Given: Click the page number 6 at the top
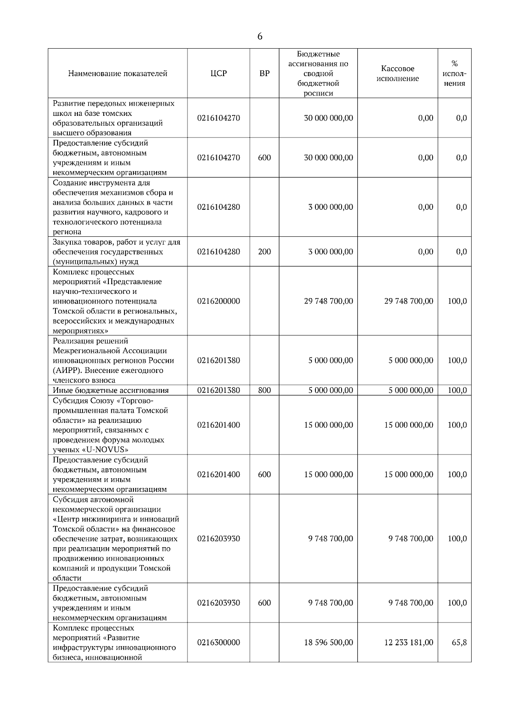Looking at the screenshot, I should [260, 37].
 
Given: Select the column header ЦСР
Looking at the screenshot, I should [218, 74].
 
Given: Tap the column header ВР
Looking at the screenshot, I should [264, 74].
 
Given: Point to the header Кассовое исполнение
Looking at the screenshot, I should [398, 74].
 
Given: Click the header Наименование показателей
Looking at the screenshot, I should [118, 74].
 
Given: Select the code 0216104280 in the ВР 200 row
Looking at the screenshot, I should [218, 252].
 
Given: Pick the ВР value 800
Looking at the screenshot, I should [264, 390].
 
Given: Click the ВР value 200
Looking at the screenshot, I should [264, 252].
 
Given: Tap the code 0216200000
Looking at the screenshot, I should [218, 301].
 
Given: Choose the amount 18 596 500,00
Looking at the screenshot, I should [328, 642].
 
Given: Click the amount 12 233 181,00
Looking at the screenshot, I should [409, 642].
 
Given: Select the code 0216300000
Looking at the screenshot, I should [218, 642].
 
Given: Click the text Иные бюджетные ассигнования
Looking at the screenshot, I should [111, 390].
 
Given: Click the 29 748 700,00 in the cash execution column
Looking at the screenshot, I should [409, 301].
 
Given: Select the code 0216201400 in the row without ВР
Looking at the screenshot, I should [218, 425].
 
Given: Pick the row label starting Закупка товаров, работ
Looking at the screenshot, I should [116, 252].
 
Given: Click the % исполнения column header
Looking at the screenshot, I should [455, 74].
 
